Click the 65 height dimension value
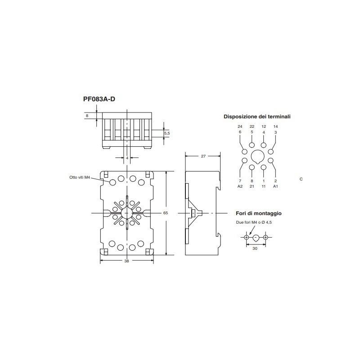165,213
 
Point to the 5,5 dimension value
166,134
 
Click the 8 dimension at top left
87,116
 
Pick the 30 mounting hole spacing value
256,248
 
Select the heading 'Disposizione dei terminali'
257,117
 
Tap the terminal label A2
240,186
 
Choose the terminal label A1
275,186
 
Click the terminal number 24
240,126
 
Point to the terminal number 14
275,126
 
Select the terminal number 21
252,186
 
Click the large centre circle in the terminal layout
258,157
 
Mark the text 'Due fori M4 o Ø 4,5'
255,222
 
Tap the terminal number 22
252,126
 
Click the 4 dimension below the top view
127,158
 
